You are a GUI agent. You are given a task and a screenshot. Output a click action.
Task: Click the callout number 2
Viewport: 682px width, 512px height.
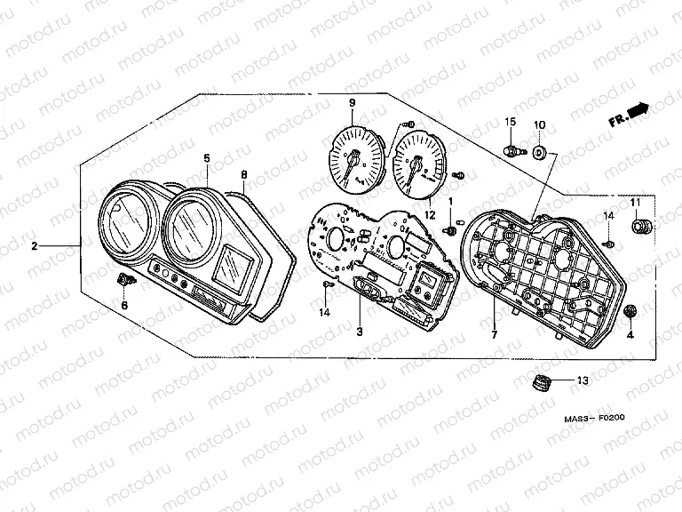click(x=35, y=246)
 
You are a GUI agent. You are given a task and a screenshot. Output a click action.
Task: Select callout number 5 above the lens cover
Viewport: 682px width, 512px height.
click(x=207, y=158)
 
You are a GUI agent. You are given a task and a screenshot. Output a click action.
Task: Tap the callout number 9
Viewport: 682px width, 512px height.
click(x=352, y=103)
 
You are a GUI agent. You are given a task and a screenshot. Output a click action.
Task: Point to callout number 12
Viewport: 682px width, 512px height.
click(x=430, y=215)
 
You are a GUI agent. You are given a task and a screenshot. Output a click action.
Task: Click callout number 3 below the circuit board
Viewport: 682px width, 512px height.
click(x=360, y=332)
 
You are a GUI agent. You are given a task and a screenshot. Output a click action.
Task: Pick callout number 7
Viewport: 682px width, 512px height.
click(x=494, y=335)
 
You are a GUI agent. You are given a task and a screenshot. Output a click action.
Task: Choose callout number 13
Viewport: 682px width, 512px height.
click(x=583, y=380)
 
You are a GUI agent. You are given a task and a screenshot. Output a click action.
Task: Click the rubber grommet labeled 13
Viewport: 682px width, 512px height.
click(x=542, y=382)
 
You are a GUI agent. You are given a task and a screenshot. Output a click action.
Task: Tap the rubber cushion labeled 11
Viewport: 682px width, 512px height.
click(x=641, y=227)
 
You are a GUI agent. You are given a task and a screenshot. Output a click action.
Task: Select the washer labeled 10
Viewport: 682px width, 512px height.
click(x=539, y=152)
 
